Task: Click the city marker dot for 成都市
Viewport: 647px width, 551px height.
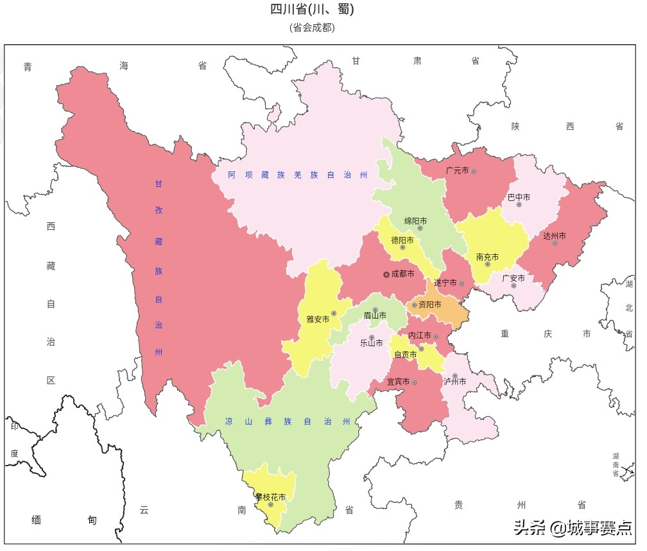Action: (386, 274)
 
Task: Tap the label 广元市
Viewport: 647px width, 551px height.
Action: (457, 171)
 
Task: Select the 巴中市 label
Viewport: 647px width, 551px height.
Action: (519, 197)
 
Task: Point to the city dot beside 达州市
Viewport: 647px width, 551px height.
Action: (555, 243)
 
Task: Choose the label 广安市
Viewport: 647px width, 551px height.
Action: (513, 278)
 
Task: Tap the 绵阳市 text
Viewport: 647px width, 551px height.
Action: (415, 221)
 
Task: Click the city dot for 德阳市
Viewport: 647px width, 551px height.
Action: (402, 247)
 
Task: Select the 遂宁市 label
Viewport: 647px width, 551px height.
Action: (445, 283)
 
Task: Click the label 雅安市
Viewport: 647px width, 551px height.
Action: (317, 319)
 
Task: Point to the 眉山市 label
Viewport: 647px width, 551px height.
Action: (375, 315)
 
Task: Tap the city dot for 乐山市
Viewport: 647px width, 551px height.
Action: (372, 337)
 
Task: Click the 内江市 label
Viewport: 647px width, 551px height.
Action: (420, 336)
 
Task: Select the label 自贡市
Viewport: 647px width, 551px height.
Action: (405, 354)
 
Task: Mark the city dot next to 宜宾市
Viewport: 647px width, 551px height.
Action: (415, 383)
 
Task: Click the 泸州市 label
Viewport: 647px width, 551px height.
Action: (454, 381)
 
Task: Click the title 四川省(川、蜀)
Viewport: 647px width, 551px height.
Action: (312, 10)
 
